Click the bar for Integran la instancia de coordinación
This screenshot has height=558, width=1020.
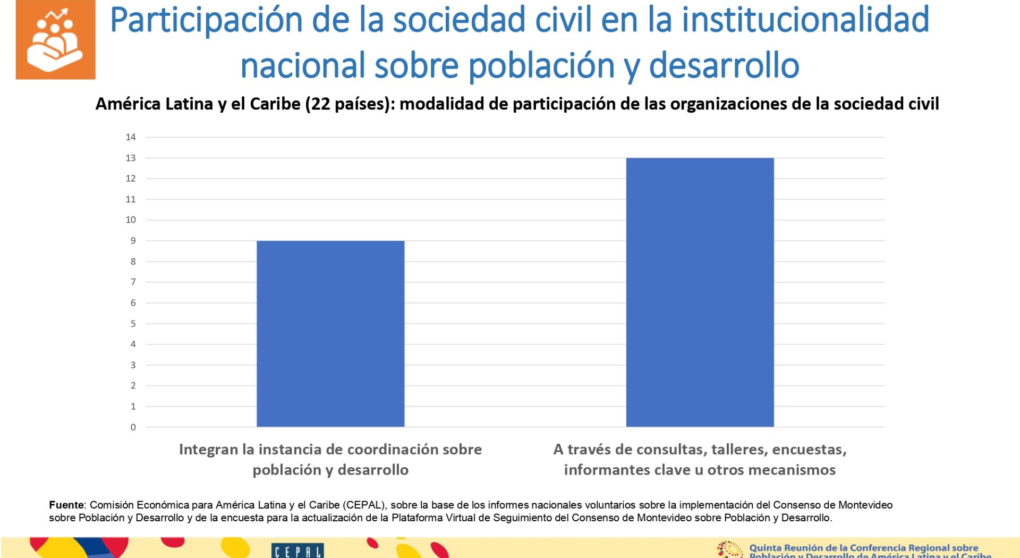[330, 334]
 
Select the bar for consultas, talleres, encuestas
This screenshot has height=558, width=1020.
[700, 292]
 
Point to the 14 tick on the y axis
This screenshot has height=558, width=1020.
[131, 137]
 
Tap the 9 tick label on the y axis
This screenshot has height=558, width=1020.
[133, 241]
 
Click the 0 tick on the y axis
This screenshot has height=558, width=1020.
[133, 427]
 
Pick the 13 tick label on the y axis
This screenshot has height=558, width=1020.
[131, 158]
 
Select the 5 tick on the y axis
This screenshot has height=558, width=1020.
[133, 324]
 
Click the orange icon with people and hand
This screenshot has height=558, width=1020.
[56, 40]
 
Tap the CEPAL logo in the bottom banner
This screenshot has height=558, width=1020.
[297, 551]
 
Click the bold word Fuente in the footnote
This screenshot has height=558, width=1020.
[66, 505]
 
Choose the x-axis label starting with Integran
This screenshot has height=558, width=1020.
[330, 459]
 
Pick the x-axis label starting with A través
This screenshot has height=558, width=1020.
[700, 459]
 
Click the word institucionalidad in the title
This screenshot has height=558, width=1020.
[805, 20]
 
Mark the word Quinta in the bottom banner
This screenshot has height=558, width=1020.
[766, 548]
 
